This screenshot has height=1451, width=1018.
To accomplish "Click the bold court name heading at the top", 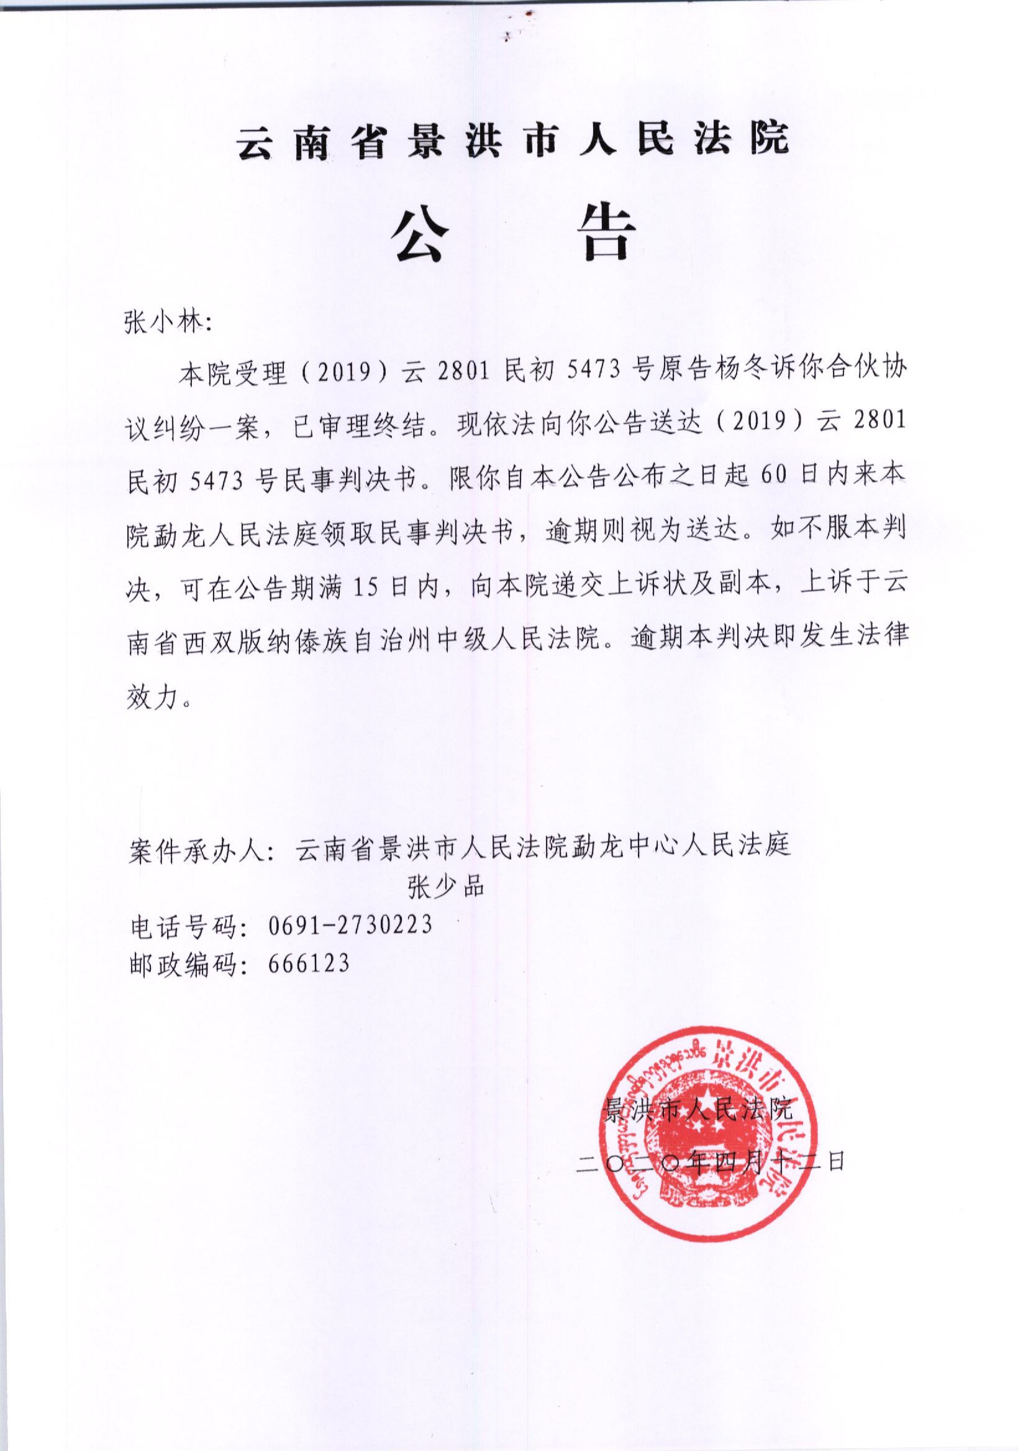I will [512, 140].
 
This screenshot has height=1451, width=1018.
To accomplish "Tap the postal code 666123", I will [308, 962].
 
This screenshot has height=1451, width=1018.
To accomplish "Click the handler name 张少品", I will [446, 887].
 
